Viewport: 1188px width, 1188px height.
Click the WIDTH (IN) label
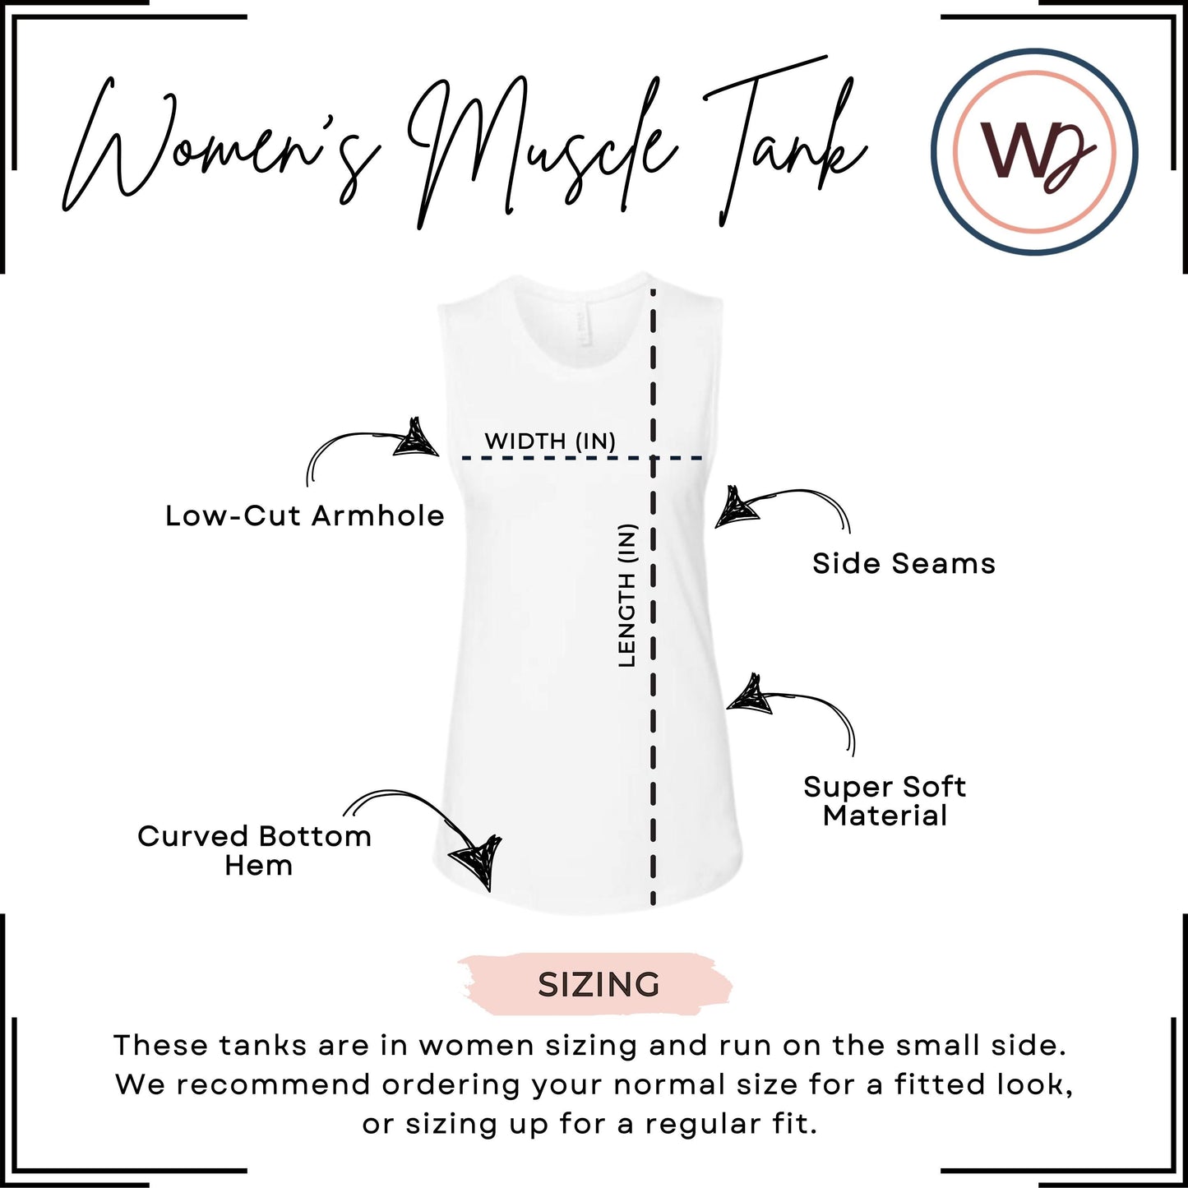550,441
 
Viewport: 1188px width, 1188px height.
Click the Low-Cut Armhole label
305,516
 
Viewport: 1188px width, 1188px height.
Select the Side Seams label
904,563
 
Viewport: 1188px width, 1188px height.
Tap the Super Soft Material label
885,801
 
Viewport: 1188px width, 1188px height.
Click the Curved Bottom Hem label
255,851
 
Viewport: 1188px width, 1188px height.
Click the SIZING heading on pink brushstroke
599,985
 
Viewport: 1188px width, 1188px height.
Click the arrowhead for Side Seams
736,509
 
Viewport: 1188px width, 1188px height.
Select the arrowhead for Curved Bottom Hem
479,862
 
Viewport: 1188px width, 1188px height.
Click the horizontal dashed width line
582,458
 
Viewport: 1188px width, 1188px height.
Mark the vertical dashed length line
653,595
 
